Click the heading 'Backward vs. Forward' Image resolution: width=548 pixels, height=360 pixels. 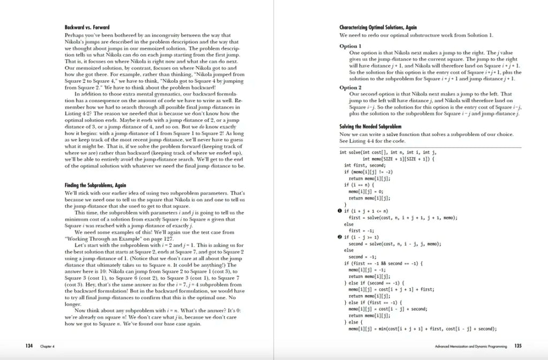click(x=87, y=27)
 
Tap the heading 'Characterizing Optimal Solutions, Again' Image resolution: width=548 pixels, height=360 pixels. click(x=378, y=27)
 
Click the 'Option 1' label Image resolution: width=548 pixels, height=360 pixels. click(x=351, y=47)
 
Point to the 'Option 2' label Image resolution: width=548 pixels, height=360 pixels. click(x=351, y=87)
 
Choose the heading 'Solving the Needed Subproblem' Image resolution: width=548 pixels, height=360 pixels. click(x=371, y=126)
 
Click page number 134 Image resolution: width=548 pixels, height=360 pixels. click(x=29, y=346)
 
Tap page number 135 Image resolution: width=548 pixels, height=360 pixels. click(x=518, y=346)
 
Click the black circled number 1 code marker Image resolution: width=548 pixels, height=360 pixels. click(x=341, y=211)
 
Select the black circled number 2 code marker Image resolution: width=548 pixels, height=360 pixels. click(x=341, y=236)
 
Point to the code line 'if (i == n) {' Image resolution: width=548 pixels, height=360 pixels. click(x=360, y=185)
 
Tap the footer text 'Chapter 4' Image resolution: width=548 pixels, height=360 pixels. click(x=48, y=347)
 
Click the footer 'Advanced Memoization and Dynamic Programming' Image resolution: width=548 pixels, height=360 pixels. click(x=471, y=347)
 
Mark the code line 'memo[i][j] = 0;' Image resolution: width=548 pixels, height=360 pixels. click(x=367, y=191)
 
